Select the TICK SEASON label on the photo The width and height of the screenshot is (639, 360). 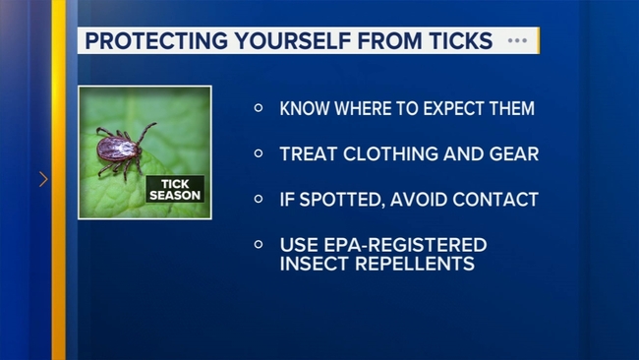pyautogui.click(x=174, y=189)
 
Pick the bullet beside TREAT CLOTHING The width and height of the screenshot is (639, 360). pyautogui.click(x=259, y=153)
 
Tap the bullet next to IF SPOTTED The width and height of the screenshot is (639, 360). pyautogui.click(x=259, y=199)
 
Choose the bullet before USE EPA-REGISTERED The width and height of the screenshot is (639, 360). pyautogui.click(x=259, y=244)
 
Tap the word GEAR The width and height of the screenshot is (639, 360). pyautogui.click(x=510, y=153)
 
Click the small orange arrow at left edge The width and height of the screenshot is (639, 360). pyautogui.click(x=43, y=180)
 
